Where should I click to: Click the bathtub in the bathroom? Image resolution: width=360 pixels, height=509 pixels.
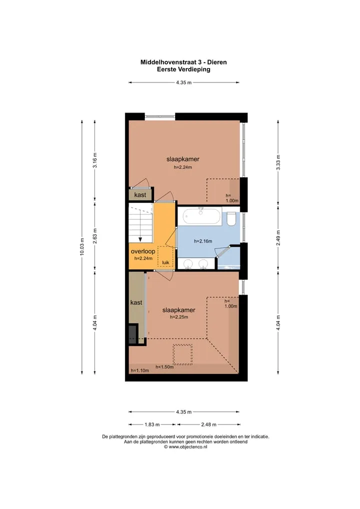(x=202, y=216)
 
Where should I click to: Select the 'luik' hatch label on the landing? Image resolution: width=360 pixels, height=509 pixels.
(x=165, y=262)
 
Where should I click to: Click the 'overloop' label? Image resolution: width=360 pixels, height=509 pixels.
(x=143, y=251)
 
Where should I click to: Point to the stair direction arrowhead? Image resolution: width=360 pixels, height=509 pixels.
(x=140, y=239)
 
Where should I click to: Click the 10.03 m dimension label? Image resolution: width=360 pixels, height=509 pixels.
(x=82, y=246)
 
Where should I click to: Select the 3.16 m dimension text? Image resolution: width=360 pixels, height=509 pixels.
(x=95, y=160)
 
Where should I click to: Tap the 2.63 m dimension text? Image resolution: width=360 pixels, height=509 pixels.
(x=95, y=236)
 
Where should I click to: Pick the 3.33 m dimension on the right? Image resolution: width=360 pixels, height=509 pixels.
(x=278, y=162)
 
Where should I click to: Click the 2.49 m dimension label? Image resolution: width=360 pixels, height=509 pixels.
(x=278, y=238)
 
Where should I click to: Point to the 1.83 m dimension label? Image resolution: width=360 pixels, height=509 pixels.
(x=152, y=424)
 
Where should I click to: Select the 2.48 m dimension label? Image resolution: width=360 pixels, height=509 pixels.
(x=208, y=424)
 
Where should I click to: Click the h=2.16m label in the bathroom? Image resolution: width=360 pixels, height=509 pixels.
(x=203, y=241)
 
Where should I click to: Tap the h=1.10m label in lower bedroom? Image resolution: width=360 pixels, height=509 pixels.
(x=140, y=370)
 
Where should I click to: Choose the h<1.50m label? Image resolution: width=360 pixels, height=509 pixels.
(x=164, y=367)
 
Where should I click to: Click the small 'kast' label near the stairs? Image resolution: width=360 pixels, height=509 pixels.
(x=140, y=195)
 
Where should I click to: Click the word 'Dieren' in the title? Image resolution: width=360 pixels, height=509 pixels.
(x=217, y=62)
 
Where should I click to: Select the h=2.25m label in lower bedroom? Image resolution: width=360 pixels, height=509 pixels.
(x=179, y=317)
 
